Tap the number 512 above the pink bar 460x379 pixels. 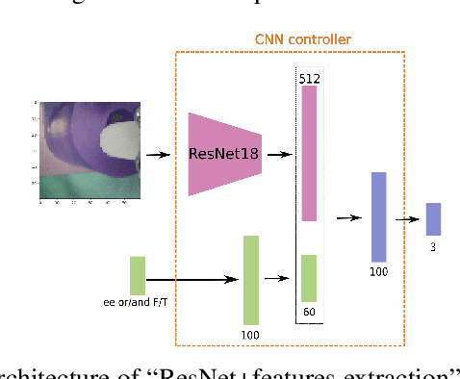[309, 77]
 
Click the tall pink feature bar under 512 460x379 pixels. [309, 154]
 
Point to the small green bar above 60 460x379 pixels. [309, 278]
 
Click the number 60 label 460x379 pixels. [309, 312]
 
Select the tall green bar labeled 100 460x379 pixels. [251, 280]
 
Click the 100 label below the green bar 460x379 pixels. [251, 334]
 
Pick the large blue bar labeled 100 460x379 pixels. [378, 217]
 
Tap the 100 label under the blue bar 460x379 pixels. [378, 272]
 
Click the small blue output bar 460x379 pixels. [433, 219]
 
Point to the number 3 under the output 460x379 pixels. [433, 245]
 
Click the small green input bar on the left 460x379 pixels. [138, 275]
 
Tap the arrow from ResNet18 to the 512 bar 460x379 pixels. [278, 154]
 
